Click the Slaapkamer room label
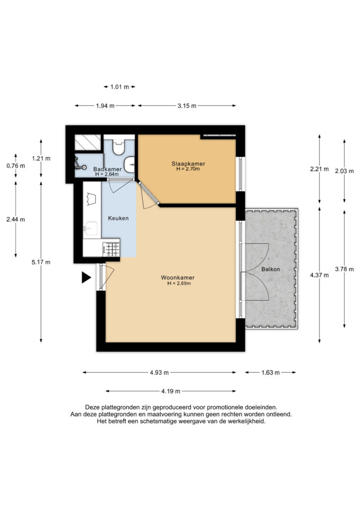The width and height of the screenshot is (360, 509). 188,164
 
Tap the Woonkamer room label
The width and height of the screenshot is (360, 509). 178,277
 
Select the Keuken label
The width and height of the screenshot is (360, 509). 118,218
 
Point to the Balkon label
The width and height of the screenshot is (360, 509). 270,269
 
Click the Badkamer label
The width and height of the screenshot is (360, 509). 107,169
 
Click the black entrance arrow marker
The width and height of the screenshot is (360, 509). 86,277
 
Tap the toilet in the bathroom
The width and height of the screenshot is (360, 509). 118,147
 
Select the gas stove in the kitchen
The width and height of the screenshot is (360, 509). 111,250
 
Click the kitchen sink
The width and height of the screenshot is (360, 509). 90,228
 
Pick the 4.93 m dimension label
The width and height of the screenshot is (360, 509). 160,373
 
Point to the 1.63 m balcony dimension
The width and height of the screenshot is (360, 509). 270,373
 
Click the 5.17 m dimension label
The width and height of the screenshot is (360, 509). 41,262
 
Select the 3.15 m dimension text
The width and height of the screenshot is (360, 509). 187,106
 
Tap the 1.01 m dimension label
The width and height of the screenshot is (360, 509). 119,87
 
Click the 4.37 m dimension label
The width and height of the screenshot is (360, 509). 319,275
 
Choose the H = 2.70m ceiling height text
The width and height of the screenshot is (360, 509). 188,169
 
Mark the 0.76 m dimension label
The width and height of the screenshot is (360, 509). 15,166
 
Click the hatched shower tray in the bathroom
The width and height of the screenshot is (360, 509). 88,142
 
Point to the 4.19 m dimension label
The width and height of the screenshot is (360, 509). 171,392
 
